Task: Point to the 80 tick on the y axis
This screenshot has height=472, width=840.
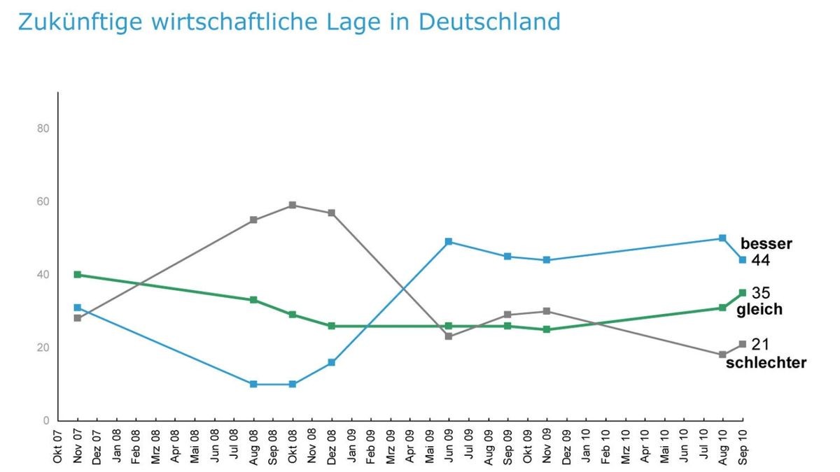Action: click(x=43, y=129)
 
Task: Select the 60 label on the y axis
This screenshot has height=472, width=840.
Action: click(x=43, y=202)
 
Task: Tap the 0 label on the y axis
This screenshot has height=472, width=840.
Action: click(x=46, y=420)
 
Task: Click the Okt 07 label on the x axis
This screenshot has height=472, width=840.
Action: click(x=58, y=444)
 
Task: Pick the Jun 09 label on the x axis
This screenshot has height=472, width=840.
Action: click(x=449, y=444)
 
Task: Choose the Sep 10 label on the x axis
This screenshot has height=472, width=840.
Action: click(x=742, y=444)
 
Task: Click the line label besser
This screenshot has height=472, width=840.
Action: click(x=766, y=244)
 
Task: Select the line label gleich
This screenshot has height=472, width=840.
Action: click(x=759, y=309)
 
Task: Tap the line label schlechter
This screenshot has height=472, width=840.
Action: click(x=766, y=362)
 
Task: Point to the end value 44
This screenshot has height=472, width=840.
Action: click(x=760, y=260)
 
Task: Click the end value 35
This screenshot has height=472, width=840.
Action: click(x=760, y=293)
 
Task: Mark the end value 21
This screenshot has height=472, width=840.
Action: click(x=760, y=344)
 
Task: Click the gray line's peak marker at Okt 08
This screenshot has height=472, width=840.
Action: click(x=293, y=205)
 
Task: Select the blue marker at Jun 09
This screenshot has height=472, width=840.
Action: click(x=449, y=242)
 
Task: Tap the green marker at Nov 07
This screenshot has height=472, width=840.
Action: click(x=78, y=275)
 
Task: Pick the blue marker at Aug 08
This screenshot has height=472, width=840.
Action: click(x=253, y=384)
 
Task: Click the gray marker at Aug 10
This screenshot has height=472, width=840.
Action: click(x=722, y=355)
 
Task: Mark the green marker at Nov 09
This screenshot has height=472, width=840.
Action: click(x=547, y=329)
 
